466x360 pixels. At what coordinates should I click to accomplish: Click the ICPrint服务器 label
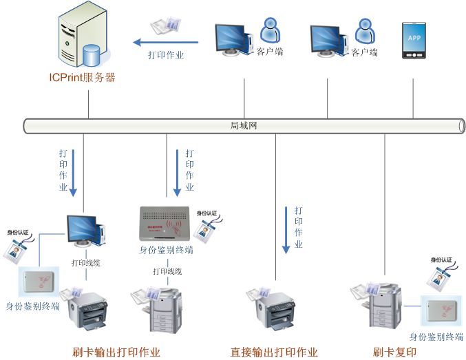81,78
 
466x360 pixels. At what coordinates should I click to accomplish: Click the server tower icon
82,35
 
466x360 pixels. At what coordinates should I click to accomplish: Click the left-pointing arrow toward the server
165,42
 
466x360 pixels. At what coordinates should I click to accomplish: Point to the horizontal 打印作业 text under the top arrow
166,56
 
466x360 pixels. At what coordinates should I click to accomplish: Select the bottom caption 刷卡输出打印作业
116,352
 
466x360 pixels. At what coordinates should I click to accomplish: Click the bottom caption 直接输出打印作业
274,352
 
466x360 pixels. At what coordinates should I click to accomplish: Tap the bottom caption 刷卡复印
394,352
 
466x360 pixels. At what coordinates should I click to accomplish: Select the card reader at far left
39,283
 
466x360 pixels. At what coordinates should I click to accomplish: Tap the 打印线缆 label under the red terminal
167,271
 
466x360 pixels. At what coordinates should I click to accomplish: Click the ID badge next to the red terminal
205,227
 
